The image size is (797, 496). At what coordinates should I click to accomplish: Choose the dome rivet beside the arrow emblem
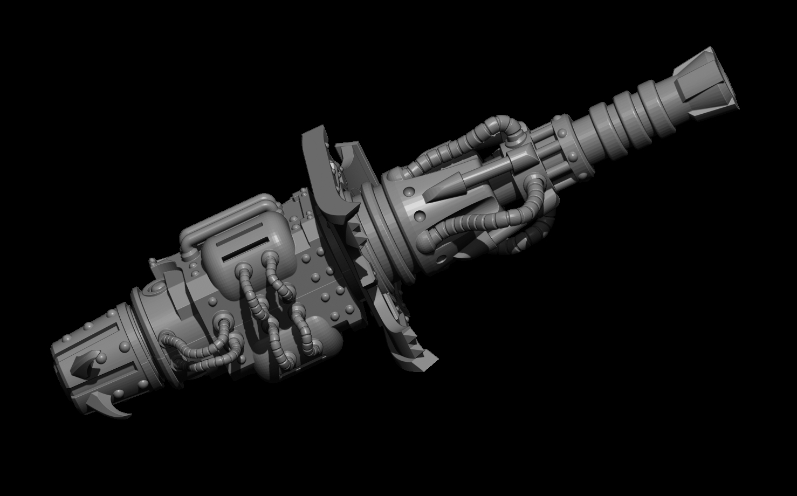pos(100,358)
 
